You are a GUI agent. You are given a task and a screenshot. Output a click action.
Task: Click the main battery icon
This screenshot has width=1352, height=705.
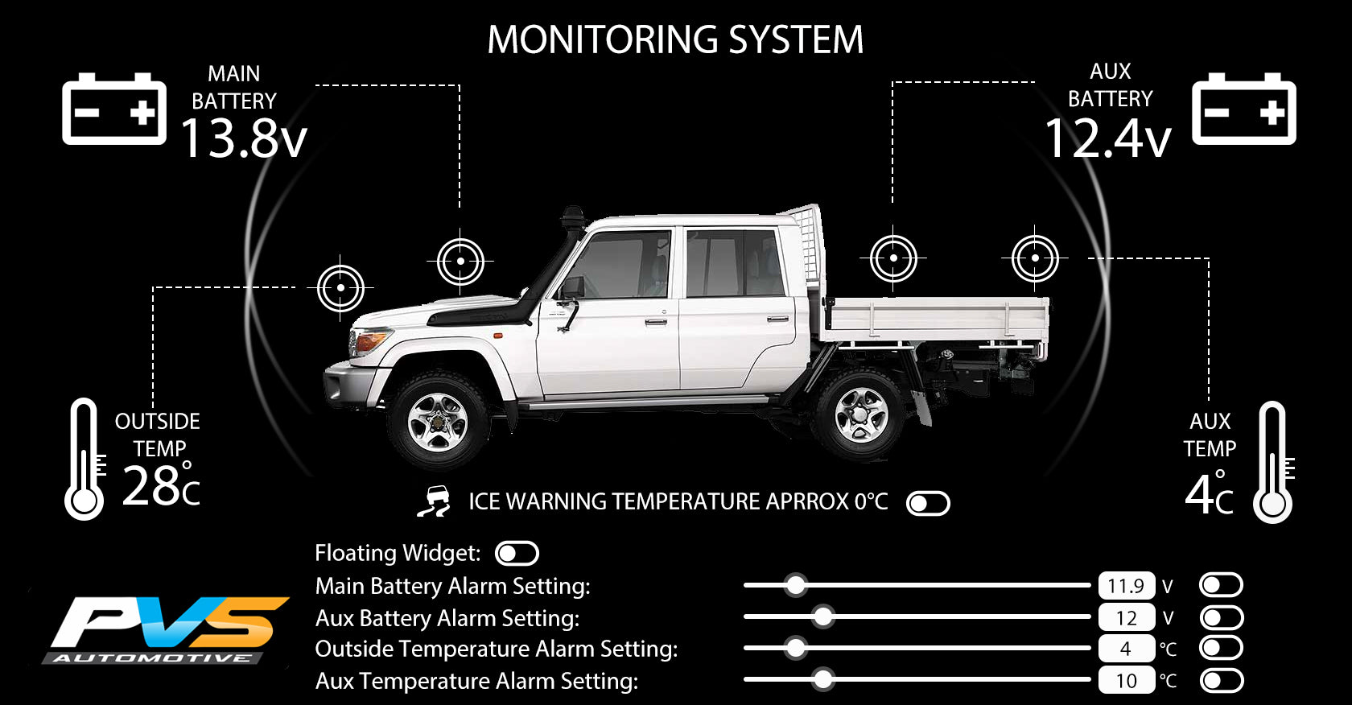pyautogui.click(x=114, y=109)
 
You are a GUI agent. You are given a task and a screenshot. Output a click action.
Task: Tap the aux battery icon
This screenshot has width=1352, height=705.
pyautogui.click(x=1244, y=109)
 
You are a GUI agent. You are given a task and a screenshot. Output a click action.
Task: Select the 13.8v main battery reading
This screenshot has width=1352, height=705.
pyautogui.click(x=244, y=138)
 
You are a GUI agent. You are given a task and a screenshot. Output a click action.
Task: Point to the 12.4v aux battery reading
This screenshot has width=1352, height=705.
pyautogui.click(x=1108, y=138)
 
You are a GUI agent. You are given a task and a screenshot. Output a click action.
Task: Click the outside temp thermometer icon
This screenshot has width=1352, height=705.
pyautogui.click(x=84, y=459)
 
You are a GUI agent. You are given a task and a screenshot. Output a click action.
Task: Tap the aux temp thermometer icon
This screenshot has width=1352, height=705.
pyautogui.click(x=1273, y=462)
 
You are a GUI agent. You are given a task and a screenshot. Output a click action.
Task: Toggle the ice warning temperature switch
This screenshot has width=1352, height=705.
pyautogui.click(x=929, y=504)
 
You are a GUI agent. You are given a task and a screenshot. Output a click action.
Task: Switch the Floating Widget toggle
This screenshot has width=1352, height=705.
pyautogui.click(x=517, y=554)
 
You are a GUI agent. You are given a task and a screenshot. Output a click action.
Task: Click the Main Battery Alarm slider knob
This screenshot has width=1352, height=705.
pyautogui.click(x=796, y=585)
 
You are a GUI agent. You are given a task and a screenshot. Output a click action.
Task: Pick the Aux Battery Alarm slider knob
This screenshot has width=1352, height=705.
pyautogui.click(x=822, y=616)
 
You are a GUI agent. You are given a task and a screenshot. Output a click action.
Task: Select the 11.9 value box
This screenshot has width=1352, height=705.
pyautogui.click(x=1127, y=586)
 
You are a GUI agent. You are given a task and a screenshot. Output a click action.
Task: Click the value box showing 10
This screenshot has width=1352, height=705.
pyautogui.click(x=1127, y=680)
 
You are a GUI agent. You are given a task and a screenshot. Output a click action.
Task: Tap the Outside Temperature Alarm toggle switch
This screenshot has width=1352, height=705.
pyautogui.click(x=1221, y=649)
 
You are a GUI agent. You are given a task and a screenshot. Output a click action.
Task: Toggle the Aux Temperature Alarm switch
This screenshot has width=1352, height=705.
pyautogui.click(x=1221, y=681)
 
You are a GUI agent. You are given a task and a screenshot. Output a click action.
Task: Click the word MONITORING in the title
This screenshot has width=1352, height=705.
pyautogui.click(x=603, y=40)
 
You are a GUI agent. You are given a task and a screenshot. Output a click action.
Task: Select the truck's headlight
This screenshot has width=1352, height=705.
pyautogui.click(x=369, y=341)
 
